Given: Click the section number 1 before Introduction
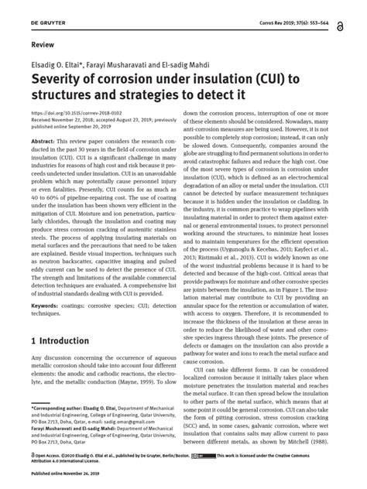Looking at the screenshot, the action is [33, 340].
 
